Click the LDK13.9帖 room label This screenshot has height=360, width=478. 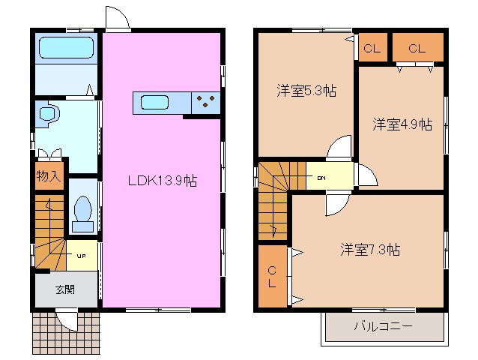click(x=161, y=181)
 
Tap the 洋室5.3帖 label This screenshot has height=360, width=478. click(x=306, y=91)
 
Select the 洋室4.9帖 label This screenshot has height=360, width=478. click(x=402, y=124)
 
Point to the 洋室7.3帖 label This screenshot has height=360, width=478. click(x=370, y=249)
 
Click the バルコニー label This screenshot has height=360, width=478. click(x=383, y=326)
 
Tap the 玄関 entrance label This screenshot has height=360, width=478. click(x=64, y=289)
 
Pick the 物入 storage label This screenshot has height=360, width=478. click(x=48, y=177)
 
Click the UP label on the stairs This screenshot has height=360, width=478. click(x=80, y=255)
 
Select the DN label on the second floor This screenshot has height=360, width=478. click(x=321, y=178)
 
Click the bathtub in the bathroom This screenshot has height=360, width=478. click(x=65, y=49)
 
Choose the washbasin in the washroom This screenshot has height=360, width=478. click(x=49, y=115)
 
